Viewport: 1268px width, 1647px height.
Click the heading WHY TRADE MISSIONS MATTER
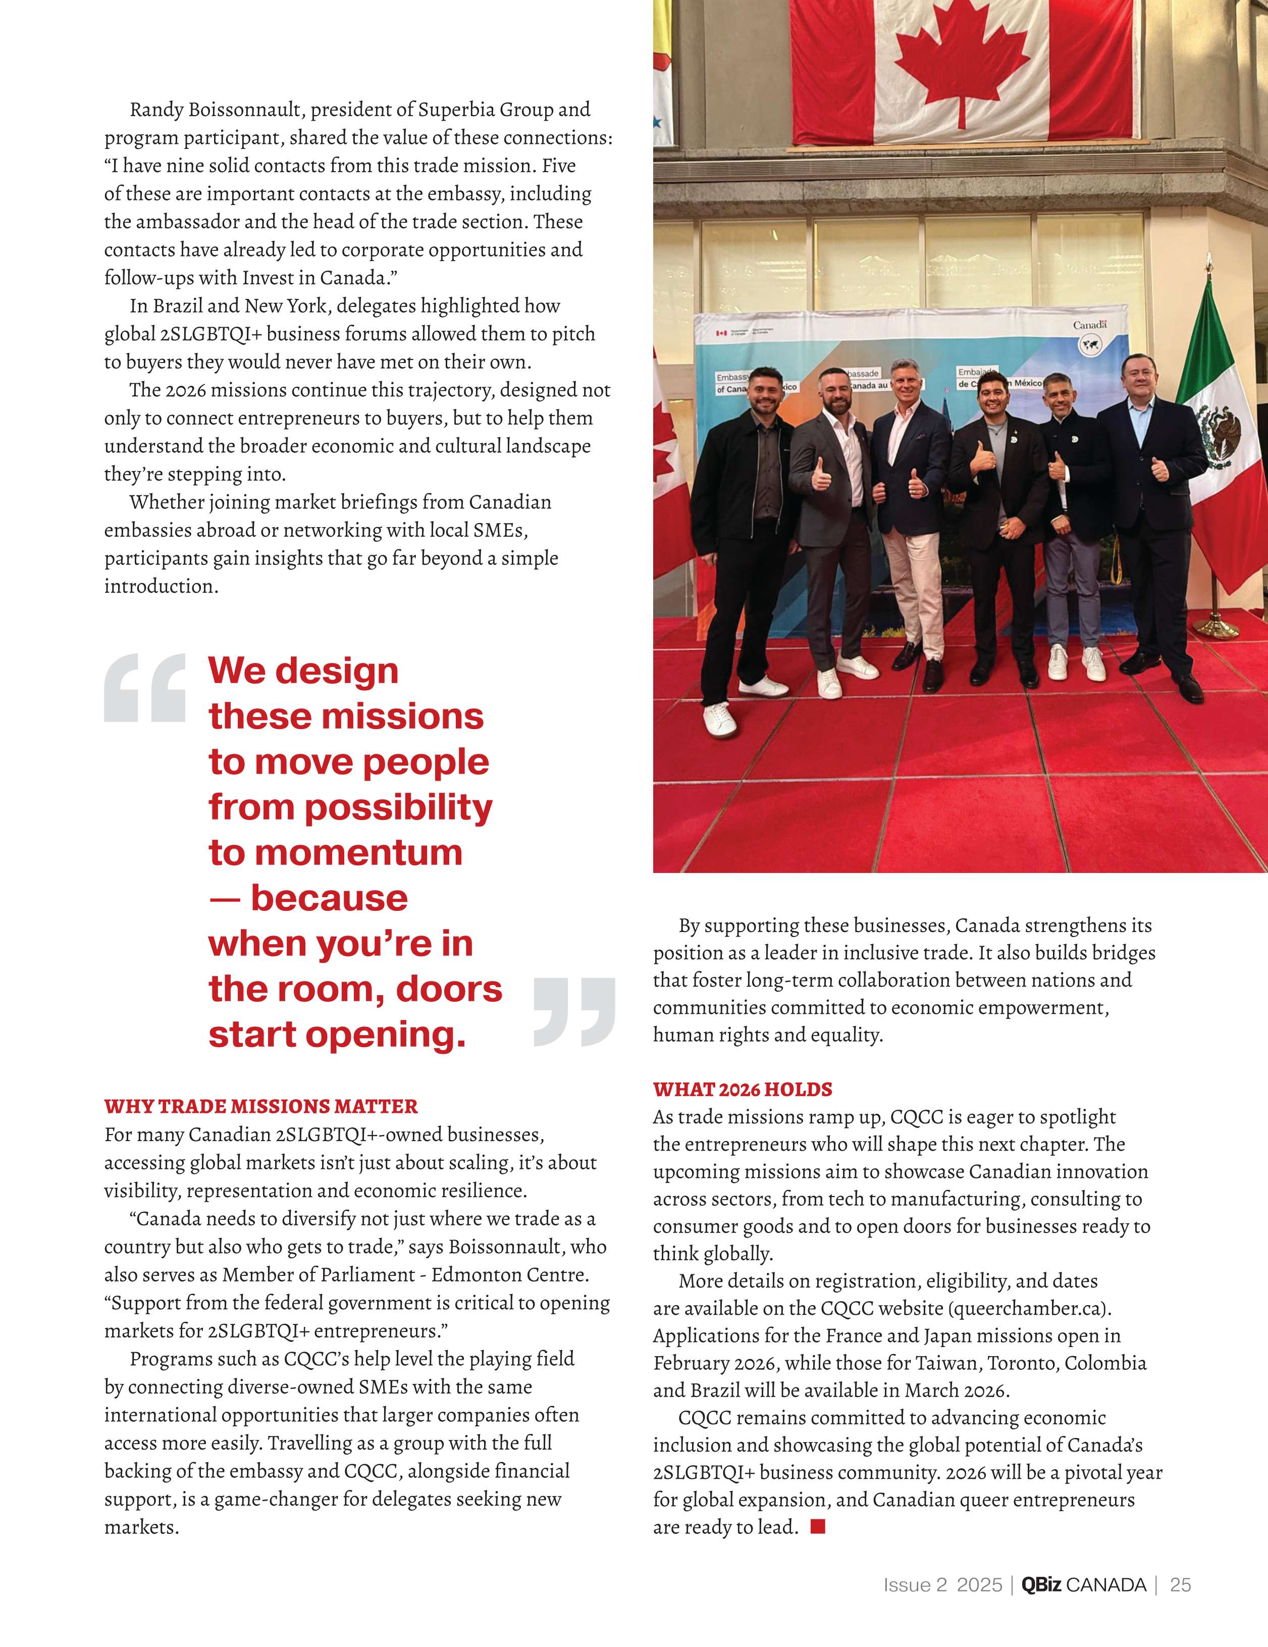[x=261, y=1106]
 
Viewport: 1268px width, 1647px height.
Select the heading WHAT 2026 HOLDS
[x=743, y=1089]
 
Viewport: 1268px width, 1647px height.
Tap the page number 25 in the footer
[x=1181, y=1585]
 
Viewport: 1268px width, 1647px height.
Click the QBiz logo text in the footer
[x=1041, y=1585]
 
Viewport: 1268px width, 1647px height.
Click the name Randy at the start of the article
[x=157, y=110]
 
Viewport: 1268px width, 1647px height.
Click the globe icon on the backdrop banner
[x=1090, y=345]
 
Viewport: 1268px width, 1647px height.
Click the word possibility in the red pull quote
[x=398, y=808]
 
